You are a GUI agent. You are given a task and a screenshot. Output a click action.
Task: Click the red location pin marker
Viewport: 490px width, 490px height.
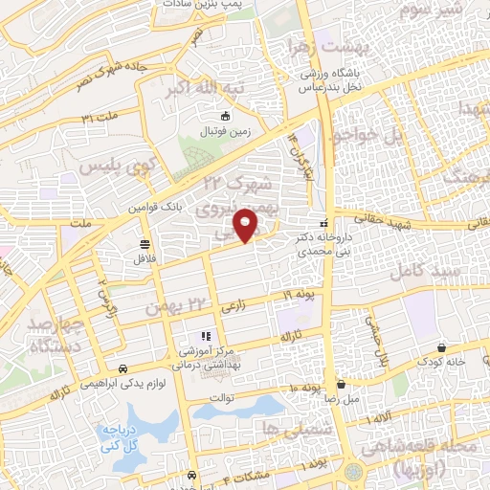pos(248,224)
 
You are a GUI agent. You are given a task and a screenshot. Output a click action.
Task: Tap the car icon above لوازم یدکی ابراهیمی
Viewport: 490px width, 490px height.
pos(123,368)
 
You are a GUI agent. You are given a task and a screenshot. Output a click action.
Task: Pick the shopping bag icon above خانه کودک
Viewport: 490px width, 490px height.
pos(440,347)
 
